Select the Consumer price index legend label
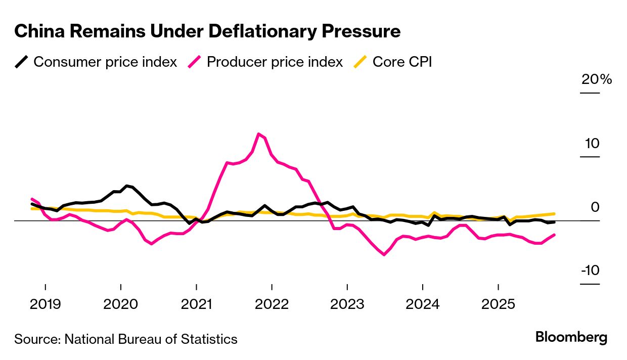click(105, 62)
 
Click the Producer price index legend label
click(275, 62)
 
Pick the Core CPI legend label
click(402, 62)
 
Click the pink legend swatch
click(195, 62)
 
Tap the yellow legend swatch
click(360, 62)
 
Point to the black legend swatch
click(21, 62)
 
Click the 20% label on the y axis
click(596, 80)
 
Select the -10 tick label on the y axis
click(590, 271)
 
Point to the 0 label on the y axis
click(595, 207)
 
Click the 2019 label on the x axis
click(45, 304)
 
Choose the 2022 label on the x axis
click(272, 304)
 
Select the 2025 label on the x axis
click(498, 304)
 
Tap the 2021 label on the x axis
click(196, 304)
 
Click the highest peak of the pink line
click(259, 134)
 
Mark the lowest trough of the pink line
click(384, 254)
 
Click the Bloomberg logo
click(571, 338)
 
